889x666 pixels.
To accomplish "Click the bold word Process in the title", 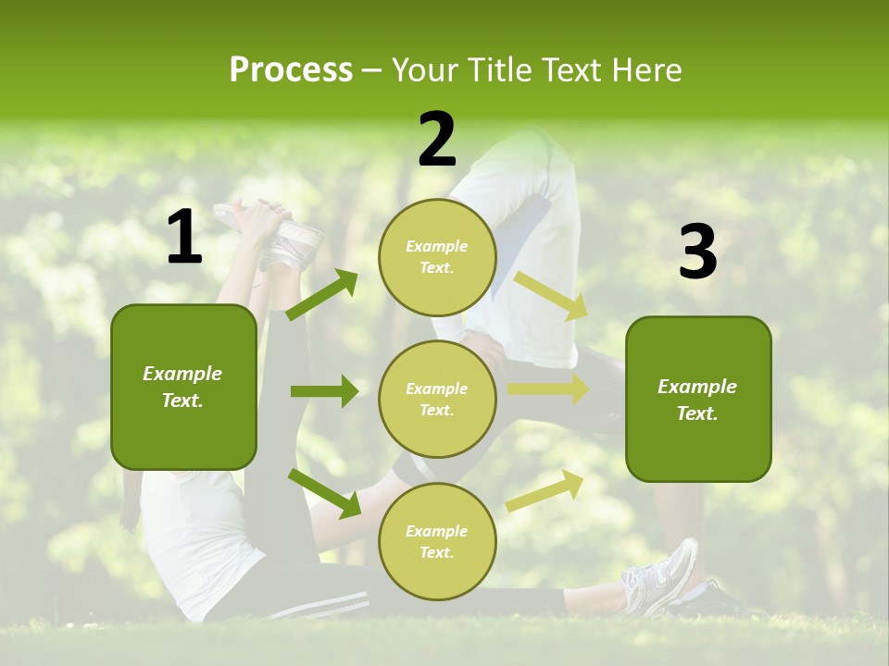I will [291, 69].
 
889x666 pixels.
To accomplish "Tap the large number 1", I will [184, 238].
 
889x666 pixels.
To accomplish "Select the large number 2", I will [437, 140].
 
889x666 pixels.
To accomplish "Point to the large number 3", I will [697, 252].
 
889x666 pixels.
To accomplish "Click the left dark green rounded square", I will [183, 387].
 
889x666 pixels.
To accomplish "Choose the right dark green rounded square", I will [698, 400].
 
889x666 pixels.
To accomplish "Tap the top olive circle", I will [437, 257].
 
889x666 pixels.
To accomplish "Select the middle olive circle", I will [437, 399].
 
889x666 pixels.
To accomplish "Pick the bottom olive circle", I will [437, 541].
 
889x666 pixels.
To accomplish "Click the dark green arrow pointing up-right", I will [322, 295].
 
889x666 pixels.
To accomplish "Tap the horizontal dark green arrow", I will [324, 391].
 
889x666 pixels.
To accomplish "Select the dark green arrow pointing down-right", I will [324, 493].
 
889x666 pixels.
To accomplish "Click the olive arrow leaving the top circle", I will [550, 295].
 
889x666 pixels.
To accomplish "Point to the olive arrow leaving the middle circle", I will [547, 389].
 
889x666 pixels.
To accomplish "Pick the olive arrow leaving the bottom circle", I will [545, 490].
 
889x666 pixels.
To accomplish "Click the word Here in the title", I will [647, 69].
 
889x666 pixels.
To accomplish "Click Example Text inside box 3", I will [697, 400].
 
